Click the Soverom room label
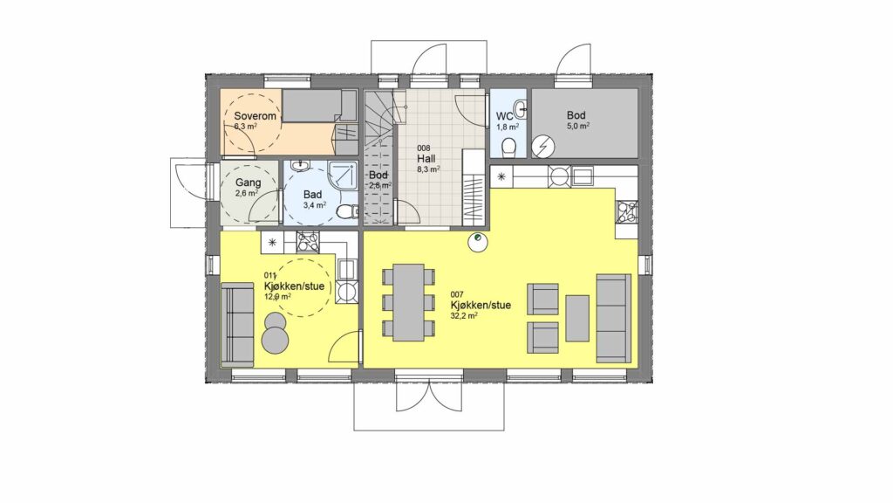point(256,116)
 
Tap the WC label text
point(505,117)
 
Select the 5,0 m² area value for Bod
point(577,127)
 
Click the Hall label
point(426,158)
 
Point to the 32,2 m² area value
point(464,315)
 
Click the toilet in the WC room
point(508,147)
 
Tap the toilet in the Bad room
point(345,212)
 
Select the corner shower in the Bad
point(343,176)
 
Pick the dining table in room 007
point(408,301)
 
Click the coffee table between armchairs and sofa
point(577,318)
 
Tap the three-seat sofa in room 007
point(613,318)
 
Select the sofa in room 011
point(237,324)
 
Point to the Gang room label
point(249,183)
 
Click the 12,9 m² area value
point(277,297)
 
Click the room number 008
point(424,148)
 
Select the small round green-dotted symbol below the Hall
point(477,242)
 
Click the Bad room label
point(312,195)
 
